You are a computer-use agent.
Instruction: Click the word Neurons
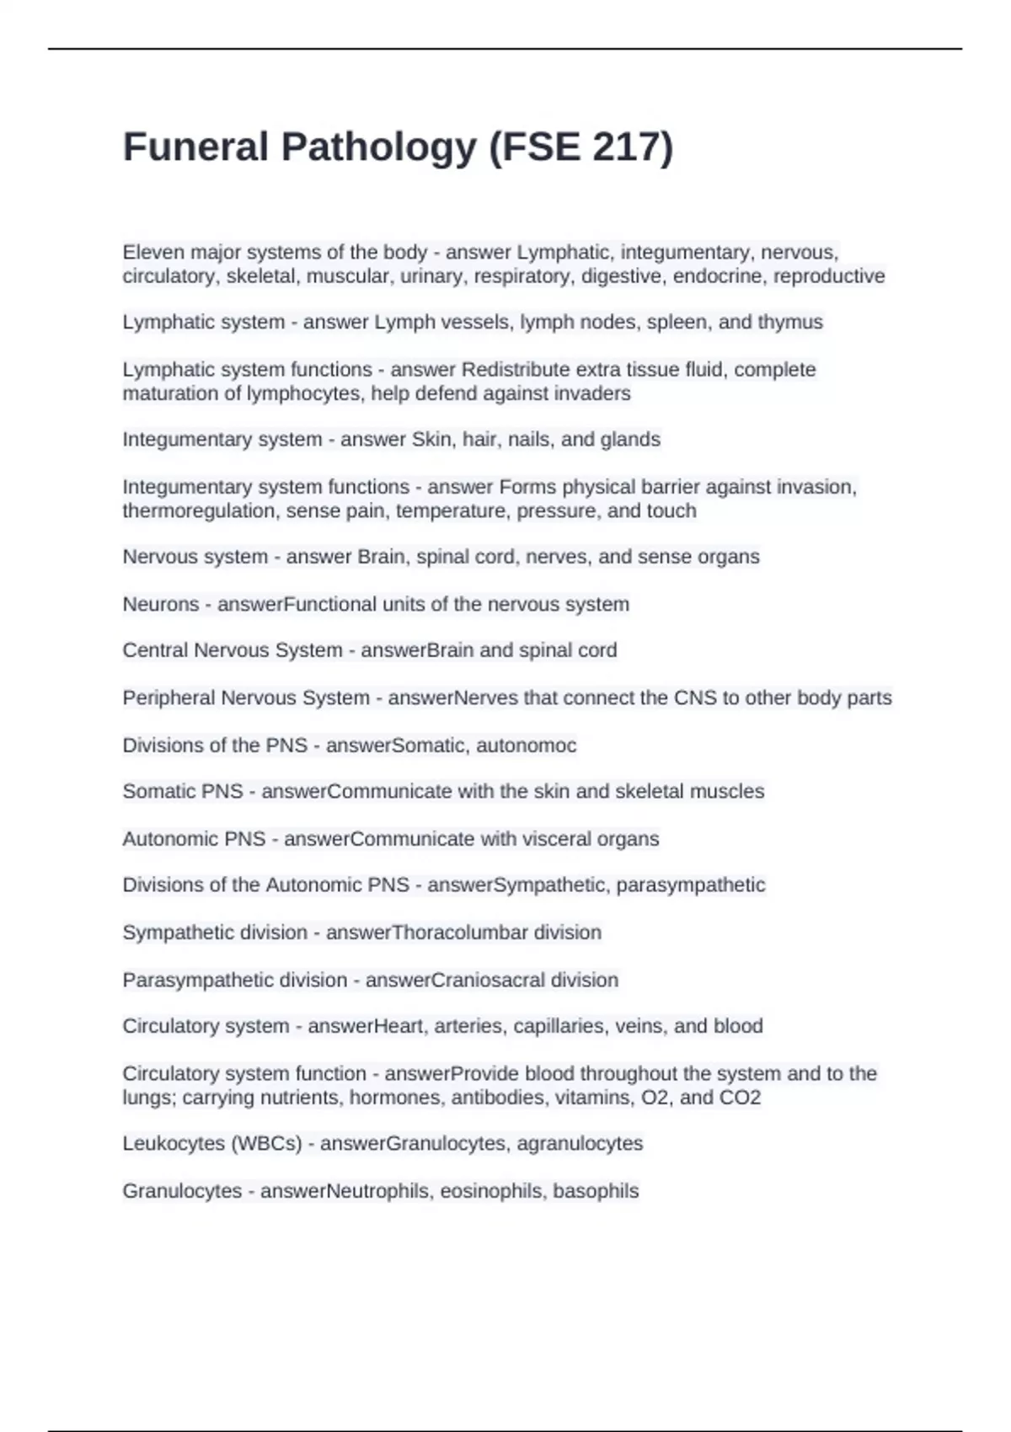(x=161, y=604)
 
